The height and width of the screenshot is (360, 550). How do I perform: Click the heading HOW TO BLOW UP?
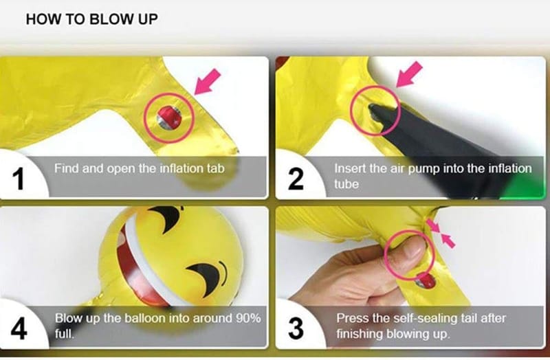[x=92, y=19]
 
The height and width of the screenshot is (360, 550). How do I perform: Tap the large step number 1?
[x=19, y=179]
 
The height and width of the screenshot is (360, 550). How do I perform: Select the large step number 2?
[x=296, y=179]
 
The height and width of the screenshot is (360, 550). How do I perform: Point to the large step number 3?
[x=296, y=328]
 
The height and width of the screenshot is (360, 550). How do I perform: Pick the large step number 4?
[x=19, y=328]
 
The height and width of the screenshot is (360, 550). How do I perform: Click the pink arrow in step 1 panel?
[x=207, y=82]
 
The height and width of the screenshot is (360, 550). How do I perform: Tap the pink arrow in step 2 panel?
[x=409, y=74]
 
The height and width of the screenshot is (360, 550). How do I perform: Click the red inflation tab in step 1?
[x=169, y=117]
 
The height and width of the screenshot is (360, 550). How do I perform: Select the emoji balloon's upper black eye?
[x=167, y=217]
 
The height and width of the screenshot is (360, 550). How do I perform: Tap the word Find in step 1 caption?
[x=66, y=168]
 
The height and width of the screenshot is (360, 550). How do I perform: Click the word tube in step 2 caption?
[x=346, y=184]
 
